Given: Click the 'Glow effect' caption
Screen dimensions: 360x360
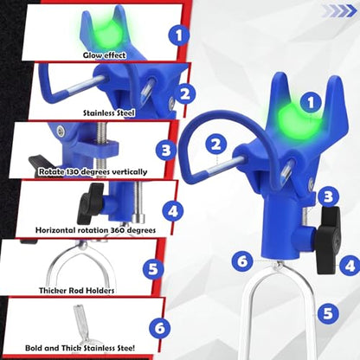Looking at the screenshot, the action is point(105,55).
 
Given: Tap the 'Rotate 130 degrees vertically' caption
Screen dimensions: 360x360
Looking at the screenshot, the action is point(93,172).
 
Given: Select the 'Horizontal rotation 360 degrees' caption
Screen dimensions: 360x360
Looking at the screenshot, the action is point(95,230).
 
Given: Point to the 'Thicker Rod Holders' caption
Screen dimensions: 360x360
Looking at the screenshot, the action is point(76,291).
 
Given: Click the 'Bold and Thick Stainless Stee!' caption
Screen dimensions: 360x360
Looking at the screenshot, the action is point(80,348).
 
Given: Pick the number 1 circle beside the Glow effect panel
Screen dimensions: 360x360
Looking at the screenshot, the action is point(179,36).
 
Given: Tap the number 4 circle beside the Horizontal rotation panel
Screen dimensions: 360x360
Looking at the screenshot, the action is point(173,211).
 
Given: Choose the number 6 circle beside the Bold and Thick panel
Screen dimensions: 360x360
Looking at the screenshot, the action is point(160,328).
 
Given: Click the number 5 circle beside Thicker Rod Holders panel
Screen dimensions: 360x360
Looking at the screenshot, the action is point(154,269).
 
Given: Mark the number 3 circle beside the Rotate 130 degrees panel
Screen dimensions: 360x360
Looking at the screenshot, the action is point(166,151).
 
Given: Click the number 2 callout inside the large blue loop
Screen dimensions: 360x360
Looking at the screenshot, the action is point(216,145).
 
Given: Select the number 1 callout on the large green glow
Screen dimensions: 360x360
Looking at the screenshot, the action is point(311,103).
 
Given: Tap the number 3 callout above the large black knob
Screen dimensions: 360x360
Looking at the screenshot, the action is point(328,197).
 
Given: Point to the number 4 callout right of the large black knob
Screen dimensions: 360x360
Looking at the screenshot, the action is point(350,266).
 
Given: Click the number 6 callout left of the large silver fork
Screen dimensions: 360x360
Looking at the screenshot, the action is point(243,261).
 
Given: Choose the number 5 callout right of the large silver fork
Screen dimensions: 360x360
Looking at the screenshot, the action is point(328,313).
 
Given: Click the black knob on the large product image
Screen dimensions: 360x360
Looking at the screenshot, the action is point(327,240).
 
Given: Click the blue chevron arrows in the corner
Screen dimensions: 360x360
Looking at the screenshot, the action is point(339,11).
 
